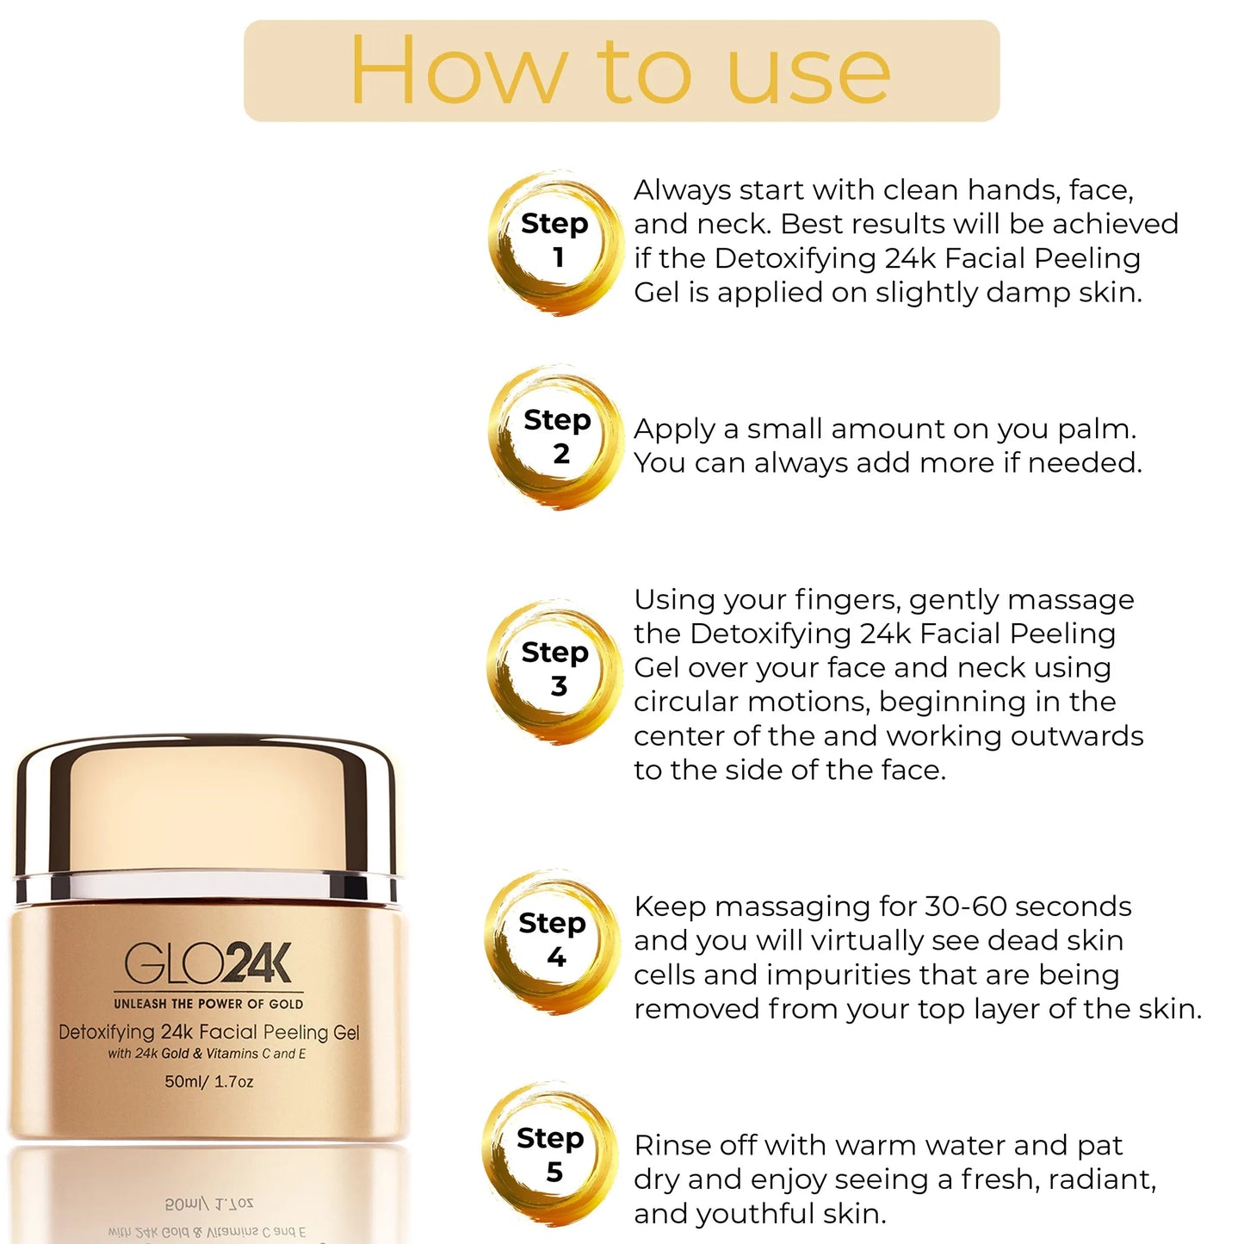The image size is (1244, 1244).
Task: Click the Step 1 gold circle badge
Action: click(x=555, y=243)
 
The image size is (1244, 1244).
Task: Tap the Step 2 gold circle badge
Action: click(x=555, y=437)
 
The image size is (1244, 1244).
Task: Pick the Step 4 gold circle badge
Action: click(x=554, y=941)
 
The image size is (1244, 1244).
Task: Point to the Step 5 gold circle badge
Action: click(x=551, y=1154)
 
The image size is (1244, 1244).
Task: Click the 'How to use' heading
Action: click(x=621, y=71)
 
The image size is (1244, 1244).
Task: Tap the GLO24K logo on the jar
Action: click(x=208, y=963)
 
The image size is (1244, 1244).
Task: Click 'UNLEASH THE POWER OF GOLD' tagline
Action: click(x=208, y=1004)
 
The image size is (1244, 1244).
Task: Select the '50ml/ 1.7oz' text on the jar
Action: click(x=209, y=1081)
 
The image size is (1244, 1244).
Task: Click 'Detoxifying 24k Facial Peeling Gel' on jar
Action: click(x=209, y=1032)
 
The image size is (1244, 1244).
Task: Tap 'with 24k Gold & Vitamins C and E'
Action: click(x=207, y=1054)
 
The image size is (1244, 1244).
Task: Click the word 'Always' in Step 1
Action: click(x=682, y=190)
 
